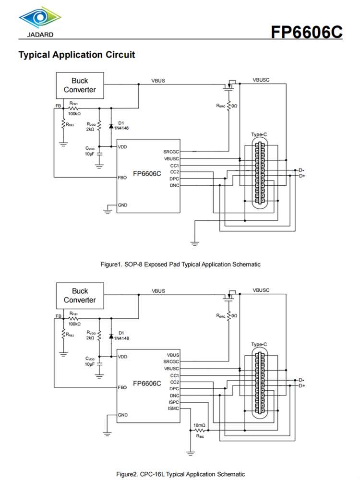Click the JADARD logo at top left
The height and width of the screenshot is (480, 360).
[40, 22]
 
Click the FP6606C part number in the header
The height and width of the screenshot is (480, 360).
[306, 32]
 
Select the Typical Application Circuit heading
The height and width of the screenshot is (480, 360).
[76, 55]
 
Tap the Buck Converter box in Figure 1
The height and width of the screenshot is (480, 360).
[80, 85]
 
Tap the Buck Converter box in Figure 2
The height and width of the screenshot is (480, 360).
[80, 295]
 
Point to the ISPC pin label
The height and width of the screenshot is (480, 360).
[173, 402]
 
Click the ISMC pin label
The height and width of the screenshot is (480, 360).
[173, 408]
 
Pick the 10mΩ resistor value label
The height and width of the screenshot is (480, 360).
[199, 425]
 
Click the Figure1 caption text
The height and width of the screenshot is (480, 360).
[180, 264]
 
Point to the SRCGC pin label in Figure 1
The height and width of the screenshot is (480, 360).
[171, 152]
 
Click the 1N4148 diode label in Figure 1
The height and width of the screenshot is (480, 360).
[121, 128]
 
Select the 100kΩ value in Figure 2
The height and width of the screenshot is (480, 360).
[74, 324]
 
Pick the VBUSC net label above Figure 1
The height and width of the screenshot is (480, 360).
[261, 80]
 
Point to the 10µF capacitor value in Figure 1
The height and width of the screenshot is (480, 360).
[90, 154]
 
